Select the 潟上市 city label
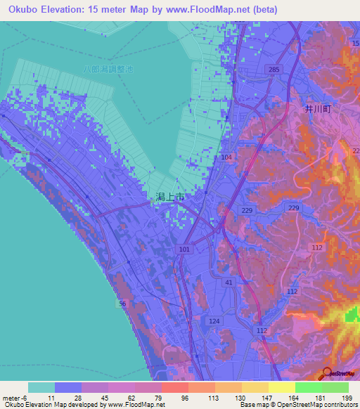pos(170,199)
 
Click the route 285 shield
pos(274,70)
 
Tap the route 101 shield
pos(185,249)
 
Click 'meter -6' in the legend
pos(16,398)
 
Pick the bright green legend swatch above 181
pos(308,387)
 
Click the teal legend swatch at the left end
pos(41,387)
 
